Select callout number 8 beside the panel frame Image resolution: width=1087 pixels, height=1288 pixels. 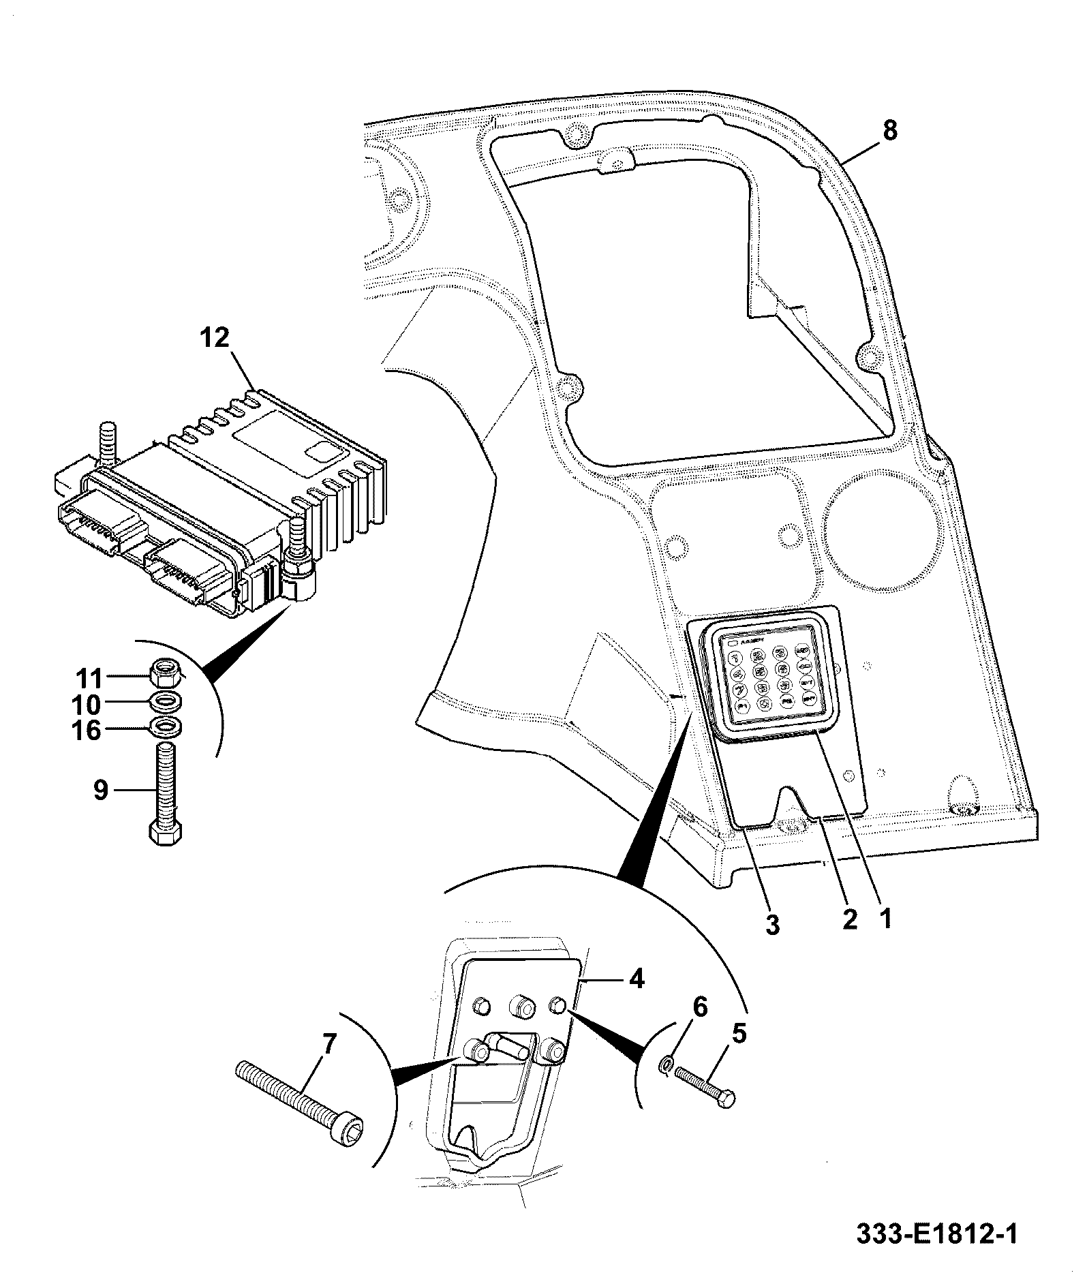[x=890, y=130]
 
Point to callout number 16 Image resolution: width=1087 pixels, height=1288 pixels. [x=87, y=731]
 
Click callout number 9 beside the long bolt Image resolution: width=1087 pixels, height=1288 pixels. [x=100, y=791]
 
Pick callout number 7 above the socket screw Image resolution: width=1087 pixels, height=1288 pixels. [x=328, y=1045]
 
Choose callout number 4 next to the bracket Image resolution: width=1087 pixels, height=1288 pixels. [x=635, y=979]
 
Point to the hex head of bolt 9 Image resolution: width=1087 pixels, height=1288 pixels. [x=166, y=833]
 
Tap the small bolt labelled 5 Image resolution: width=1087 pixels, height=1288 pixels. [x=705, y=1089]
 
